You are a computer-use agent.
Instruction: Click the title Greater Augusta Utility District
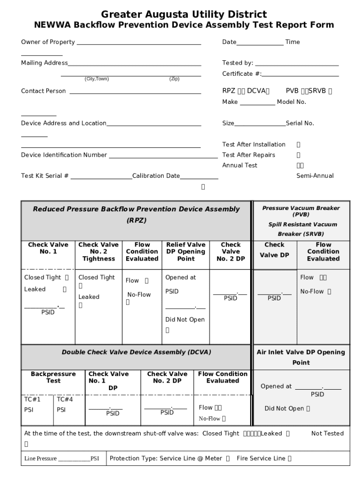pos(184,15)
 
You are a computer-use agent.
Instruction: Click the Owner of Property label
pos(48,42)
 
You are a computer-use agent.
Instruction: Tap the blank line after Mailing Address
pos(135,64)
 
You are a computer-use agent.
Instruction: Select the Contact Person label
pos(43,91)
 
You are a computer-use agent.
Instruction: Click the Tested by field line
pos(297,64)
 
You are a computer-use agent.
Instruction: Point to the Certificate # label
pos(242,74)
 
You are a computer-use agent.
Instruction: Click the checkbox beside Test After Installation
pos(299,145)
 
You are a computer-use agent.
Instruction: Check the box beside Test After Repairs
pos(299,155)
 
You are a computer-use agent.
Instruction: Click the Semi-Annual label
pos(315,176)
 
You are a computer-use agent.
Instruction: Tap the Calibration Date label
pos(156,176)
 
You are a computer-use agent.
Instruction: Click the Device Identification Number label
pos(64,155)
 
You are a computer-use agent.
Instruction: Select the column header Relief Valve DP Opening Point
pos(186,252)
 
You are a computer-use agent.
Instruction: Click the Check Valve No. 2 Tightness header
pos(98,252)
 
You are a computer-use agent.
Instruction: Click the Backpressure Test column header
pos(53,377)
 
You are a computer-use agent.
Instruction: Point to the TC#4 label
pos(65,399)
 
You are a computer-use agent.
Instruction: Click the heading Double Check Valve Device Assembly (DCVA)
pos(136,352)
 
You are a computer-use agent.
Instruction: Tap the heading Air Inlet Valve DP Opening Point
pos(301,357)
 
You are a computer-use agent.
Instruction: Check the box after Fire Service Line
pos(290,459)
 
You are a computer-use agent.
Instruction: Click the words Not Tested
pos(327,434)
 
